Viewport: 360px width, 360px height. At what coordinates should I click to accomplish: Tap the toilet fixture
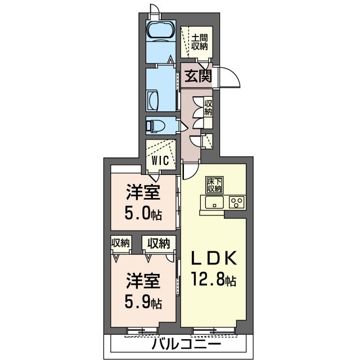[x=155, y=125]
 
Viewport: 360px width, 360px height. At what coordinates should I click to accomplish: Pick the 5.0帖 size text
[x=141, y=214]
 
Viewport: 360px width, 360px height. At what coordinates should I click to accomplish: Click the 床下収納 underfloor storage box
[x=214, y=184]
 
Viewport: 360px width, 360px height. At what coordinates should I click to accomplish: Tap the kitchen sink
[x=215, y=202]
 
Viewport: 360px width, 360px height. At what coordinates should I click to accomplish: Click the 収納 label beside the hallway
[x=208, y=107]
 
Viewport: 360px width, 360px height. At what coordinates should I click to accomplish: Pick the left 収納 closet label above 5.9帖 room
[x=120, y=243]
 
